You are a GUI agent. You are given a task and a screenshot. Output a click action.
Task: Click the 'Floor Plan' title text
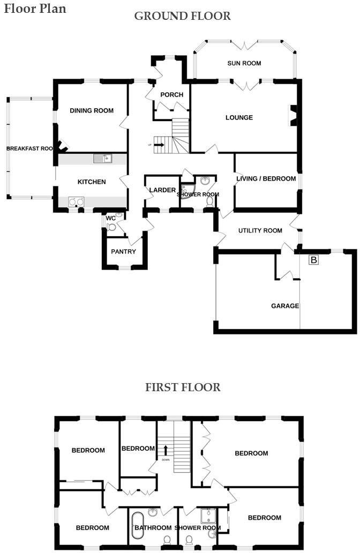(35, 9)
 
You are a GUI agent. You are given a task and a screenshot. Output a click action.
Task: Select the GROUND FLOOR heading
(182, 16)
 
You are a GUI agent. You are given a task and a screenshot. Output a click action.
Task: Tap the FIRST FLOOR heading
(182, 387)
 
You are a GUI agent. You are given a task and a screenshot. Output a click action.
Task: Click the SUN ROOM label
(244, 63)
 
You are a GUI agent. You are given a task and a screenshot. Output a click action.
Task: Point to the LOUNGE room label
(239, 117)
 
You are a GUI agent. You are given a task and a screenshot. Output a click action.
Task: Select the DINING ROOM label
(92, 110)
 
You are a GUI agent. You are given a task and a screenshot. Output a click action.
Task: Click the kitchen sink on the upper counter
(102, 158)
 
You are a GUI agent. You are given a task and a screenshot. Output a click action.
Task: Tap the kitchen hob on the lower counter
(75, 202)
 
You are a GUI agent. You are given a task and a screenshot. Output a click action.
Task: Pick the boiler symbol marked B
(313, 260)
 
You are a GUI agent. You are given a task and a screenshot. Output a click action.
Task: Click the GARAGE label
(285, 306)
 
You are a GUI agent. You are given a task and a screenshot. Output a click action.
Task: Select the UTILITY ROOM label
(260, 230)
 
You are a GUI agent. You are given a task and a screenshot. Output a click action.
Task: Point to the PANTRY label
(123, 252)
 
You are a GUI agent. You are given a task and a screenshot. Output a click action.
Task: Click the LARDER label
(162, 190)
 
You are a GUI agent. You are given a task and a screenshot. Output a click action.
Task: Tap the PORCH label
(171, 95)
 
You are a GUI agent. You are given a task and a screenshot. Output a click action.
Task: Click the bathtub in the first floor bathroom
(138, 526)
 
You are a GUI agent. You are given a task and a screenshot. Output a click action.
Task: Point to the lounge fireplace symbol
(293, 116)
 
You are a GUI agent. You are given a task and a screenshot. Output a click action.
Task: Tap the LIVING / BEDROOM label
(266, 178)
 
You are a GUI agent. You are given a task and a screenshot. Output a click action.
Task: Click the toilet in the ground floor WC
(111, 227)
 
